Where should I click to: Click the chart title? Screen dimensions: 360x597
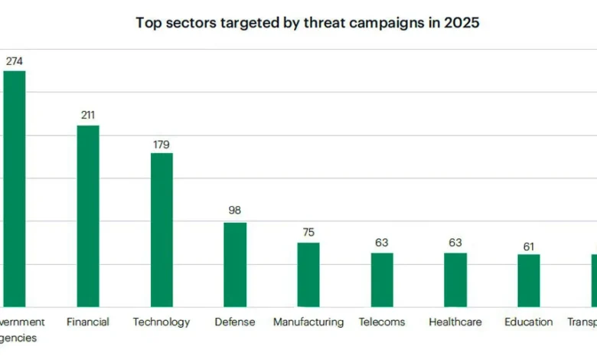tap(308, 23)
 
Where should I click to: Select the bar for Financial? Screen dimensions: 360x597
tap(88, 216)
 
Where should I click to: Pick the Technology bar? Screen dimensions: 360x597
tap(161, 230)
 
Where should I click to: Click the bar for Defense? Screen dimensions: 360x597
tap(235, 264)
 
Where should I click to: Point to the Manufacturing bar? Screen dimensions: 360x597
tap(308, 274)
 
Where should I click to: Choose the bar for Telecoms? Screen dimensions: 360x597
tap(382, 280)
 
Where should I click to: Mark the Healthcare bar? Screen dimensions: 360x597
tap(455, 280)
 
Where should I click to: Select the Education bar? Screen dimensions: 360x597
tap(529, 280)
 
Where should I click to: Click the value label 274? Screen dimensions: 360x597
tap(15, 61)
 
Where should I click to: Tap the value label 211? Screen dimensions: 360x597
tap(88, 116)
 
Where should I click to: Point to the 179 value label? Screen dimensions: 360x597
tap(161, 144)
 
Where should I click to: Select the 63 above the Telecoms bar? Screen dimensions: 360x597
tap(382, 243)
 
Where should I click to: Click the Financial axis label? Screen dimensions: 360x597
tap(88, 322)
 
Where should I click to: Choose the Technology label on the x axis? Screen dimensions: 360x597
tap(161, 322)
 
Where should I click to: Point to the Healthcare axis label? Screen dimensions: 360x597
tap(455, 322)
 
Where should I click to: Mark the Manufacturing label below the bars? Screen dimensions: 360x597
tap(308, 322)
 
